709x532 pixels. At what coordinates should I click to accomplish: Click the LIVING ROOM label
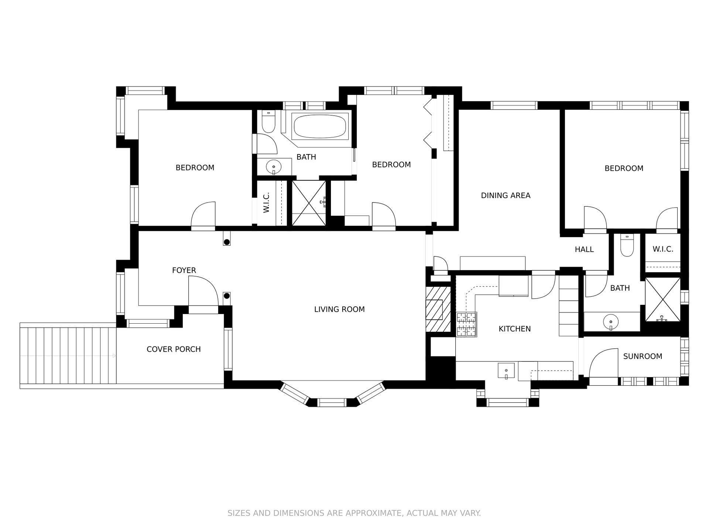(x=339, y=309)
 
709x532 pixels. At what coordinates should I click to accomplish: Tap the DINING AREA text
(x=506, y=195)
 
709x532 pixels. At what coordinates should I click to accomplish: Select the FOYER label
(x=184, y=270)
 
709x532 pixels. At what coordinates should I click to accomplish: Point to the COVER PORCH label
(x=174, y=349)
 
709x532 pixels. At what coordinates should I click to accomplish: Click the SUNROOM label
(x=643, y=356)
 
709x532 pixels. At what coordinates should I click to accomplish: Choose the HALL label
(x=584, y=249)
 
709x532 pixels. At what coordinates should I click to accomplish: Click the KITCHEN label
(x=514, y=329)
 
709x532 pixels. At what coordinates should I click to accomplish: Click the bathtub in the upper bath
(x=320, y=126)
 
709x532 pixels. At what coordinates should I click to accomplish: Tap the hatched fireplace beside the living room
(x=438, y=309)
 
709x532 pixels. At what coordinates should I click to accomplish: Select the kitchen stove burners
(x=467, y=324)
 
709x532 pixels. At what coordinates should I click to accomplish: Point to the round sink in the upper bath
(x=274, y=167)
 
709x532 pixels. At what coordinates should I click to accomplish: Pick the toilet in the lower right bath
(x=627, y=245)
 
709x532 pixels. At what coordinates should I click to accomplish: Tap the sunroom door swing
(x=603, y=363)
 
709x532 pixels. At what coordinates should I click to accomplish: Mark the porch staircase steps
(x=68, y=355)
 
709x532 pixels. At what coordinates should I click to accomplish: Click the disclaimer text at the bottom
(x=354, y=513)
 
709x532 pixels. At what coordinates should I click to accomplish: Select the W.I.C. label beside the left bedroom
(x=266, y=202)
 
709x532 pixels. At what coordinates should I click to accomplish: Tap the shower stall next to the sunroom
(x=662, y=299)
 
